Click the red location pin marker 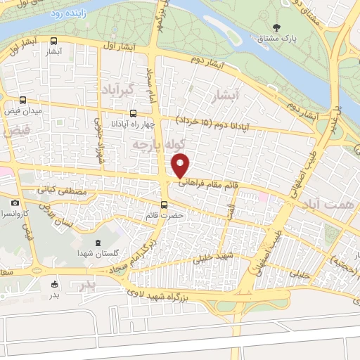pyautogui.click(x=181, y=165)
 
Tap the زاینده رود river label pyautogui.click(x=67, y=13)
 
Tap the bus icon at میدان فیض pyautogui.click(x=25, y=100)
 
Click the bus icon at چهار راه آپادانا pyautogui.click(x=133, y=112)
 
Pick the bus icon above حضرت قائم pyautogui.click(x=164, y=205)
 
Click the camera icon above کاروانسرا pyautogui.click(x=15, y=203)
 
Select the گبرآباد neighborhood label pyautogui.click(x=121, y=92)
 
